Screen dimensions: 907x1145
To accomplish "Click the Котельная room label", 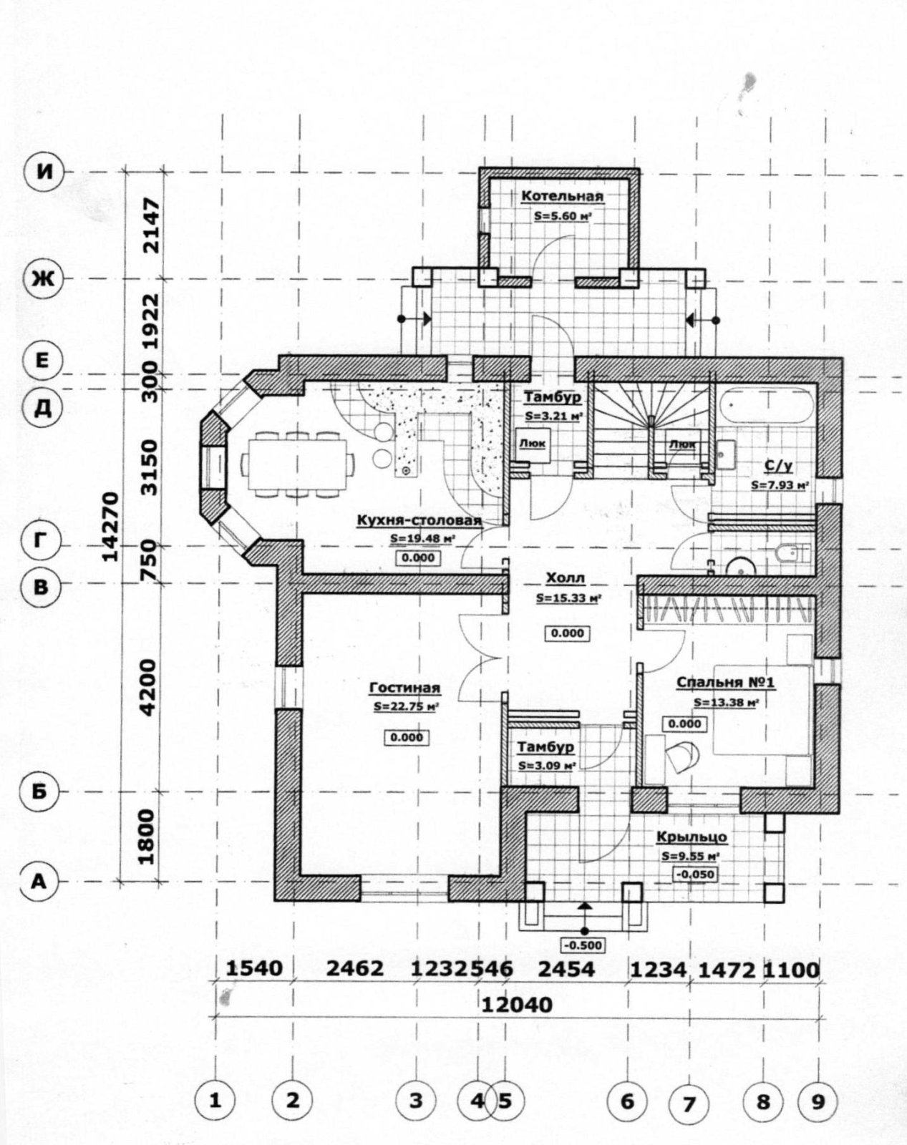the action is pyautogui.click(x=562, y=196).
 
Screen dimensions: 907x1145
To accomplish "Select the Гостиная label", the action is pyautogui.click(x=405, y=688).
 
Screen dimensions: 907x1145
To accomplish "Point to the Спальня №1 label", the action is pyautogui.click(x=725, y=683).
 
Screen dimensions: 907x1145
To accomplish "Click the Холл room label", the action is pyautogui.click(x=566, y=578).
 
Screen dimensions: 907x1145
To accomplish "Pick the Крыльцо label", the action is pyautogui.click(x=692, y=837).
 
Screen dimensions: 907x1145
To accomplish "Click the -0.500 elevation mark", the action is pyautogui.click(x=583, y=945).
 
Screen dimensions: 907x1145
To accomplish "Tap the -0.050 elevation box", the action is pyautogui.click(x=695, y=874).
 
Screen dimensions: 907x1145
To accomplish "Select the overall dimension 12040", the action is pyautogui.click(x=517, y=1005).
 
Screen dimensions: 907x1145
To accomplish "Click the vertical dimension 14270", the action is pyautogui.click(x=110, y=527).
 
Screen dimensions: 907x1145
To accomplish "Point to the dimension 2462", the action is pyautogui.click(x=354, y=969).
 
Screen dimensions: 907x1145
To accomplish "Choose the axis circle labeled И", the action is pyautogui.click(x=44, y=172).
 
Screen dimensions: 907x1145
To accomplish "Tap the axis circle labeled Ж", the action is pyautogui.click(x=44, y=279).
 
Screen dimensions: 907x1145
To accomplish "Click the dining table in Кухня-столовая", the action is pyautogui.click(x=298, y=464).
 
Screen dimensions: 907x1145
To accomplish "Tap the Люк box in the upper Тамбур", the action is pyautogui.click(x=533, y=443).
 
